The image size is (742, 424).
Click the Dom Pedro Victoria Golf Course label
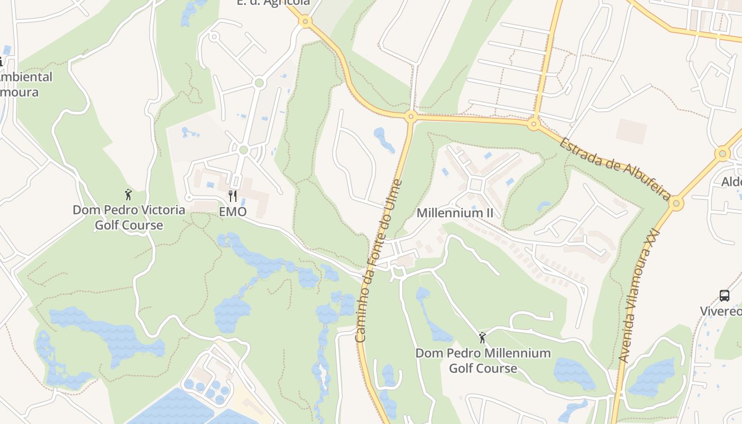129,217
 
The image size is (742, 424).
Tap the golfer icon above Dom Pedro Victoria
128,195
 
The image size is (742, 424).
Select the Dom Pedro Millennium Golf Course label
483,360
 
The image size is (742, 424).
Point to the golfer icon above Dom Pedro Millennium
482,338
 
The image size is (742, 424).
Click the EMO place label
233,211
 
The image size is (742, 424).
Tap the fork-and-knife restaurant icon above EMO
232,196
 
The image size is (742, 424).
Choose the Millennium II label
455,213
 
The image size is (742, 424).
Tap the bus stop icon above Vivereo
725,295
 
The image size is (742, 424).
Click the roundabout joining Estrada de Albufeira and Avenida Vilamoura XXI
676,203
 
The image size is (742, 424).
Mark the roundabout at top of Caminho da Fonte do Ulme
410,117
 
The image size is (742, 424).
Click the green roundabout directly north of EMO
243,150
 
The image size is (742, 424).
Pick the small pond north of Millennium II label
384,139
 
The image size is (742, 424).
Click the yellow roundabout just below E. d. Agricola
304,22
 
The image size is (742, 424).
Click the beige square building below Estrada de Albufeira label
631,131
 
